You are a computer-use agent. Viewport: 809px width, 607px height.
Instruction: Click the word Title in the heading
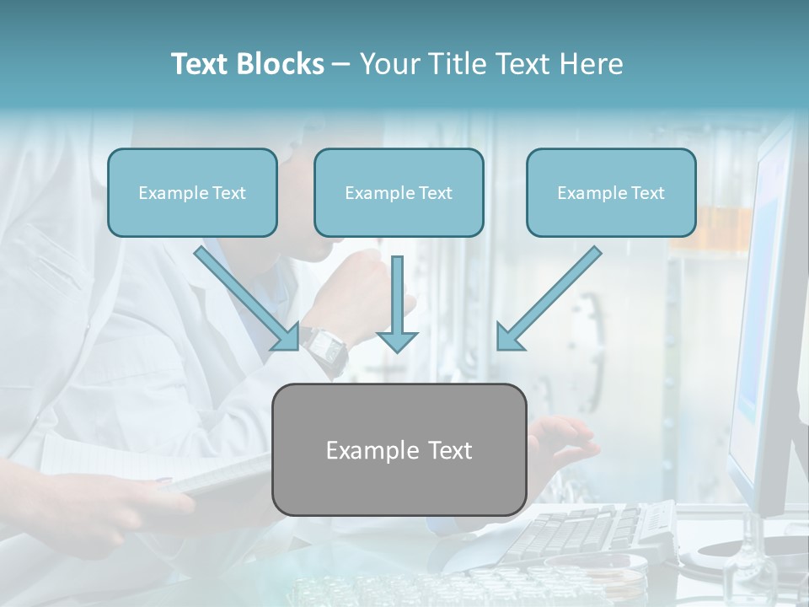point(454,64)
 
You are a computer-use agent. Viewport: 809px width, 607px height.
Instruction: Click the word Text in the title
point(201,64)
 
